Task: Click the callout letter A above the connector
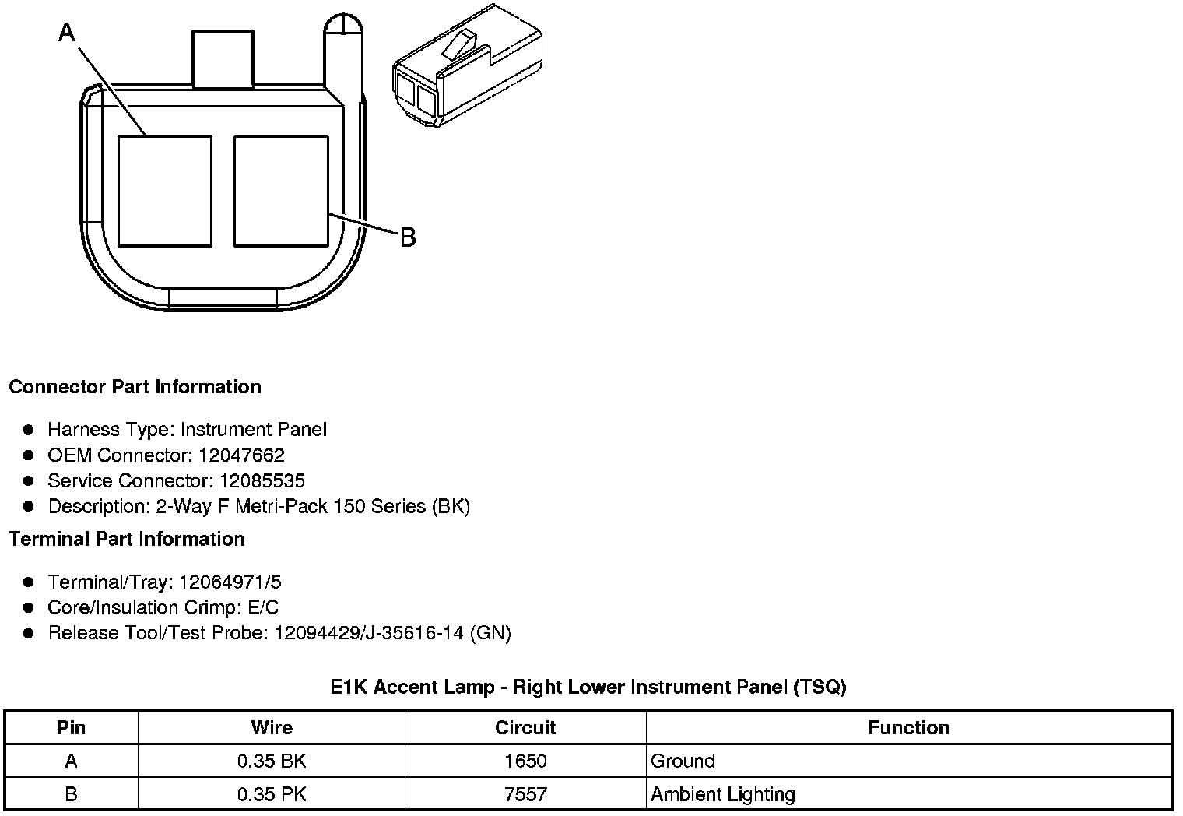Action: tap(67, 33)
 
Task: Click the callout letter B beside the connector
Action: tap(409, 237)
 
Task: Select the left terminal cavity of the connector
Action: tap(165, 192)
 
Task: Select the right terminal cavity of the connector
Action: tap(281, 192)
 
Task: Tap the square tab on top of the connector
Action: tap(223, 58)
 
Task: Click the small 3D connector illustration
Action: tap(467, 65)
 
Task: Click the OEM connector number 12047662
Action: tap(241, 455)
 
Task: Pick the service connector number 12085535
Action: tap(262, 480)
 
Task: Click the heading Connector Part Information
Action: tap(135, 387)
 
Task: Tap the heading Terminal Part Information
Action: tap(128, 539)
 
